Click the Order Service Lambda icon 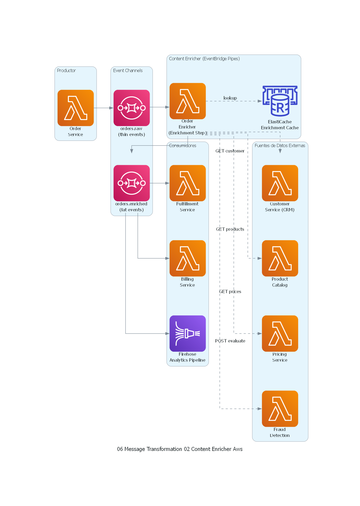point(76,108)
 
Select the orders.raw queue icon point(132,108)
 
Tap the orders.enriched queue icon point(132,183)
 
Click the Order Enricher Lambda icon point(188,101)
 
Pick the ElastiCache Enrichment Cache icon point(280,101)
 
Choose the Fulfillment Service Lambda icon point(188,183)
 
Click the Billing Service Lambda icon point(188,258)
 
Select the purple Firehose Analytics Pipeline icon point(188,333)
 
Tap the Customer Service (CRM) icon point(280,183)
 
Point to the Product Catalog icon point(280,258)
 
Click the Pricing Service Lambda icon point(280,333)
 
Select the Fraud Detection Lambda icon point(280,409)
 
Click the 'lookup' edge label point(230,98)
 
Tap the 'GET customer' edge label point(230,151)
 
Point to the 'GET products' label point(230,229)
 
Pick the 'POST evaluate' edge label point(230,341)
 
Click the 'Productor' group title point(66,70)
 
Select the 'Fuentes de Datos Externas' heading point(280,145)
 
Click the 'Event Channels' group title point(128,70)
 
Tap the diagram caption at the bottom point(180,449)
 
